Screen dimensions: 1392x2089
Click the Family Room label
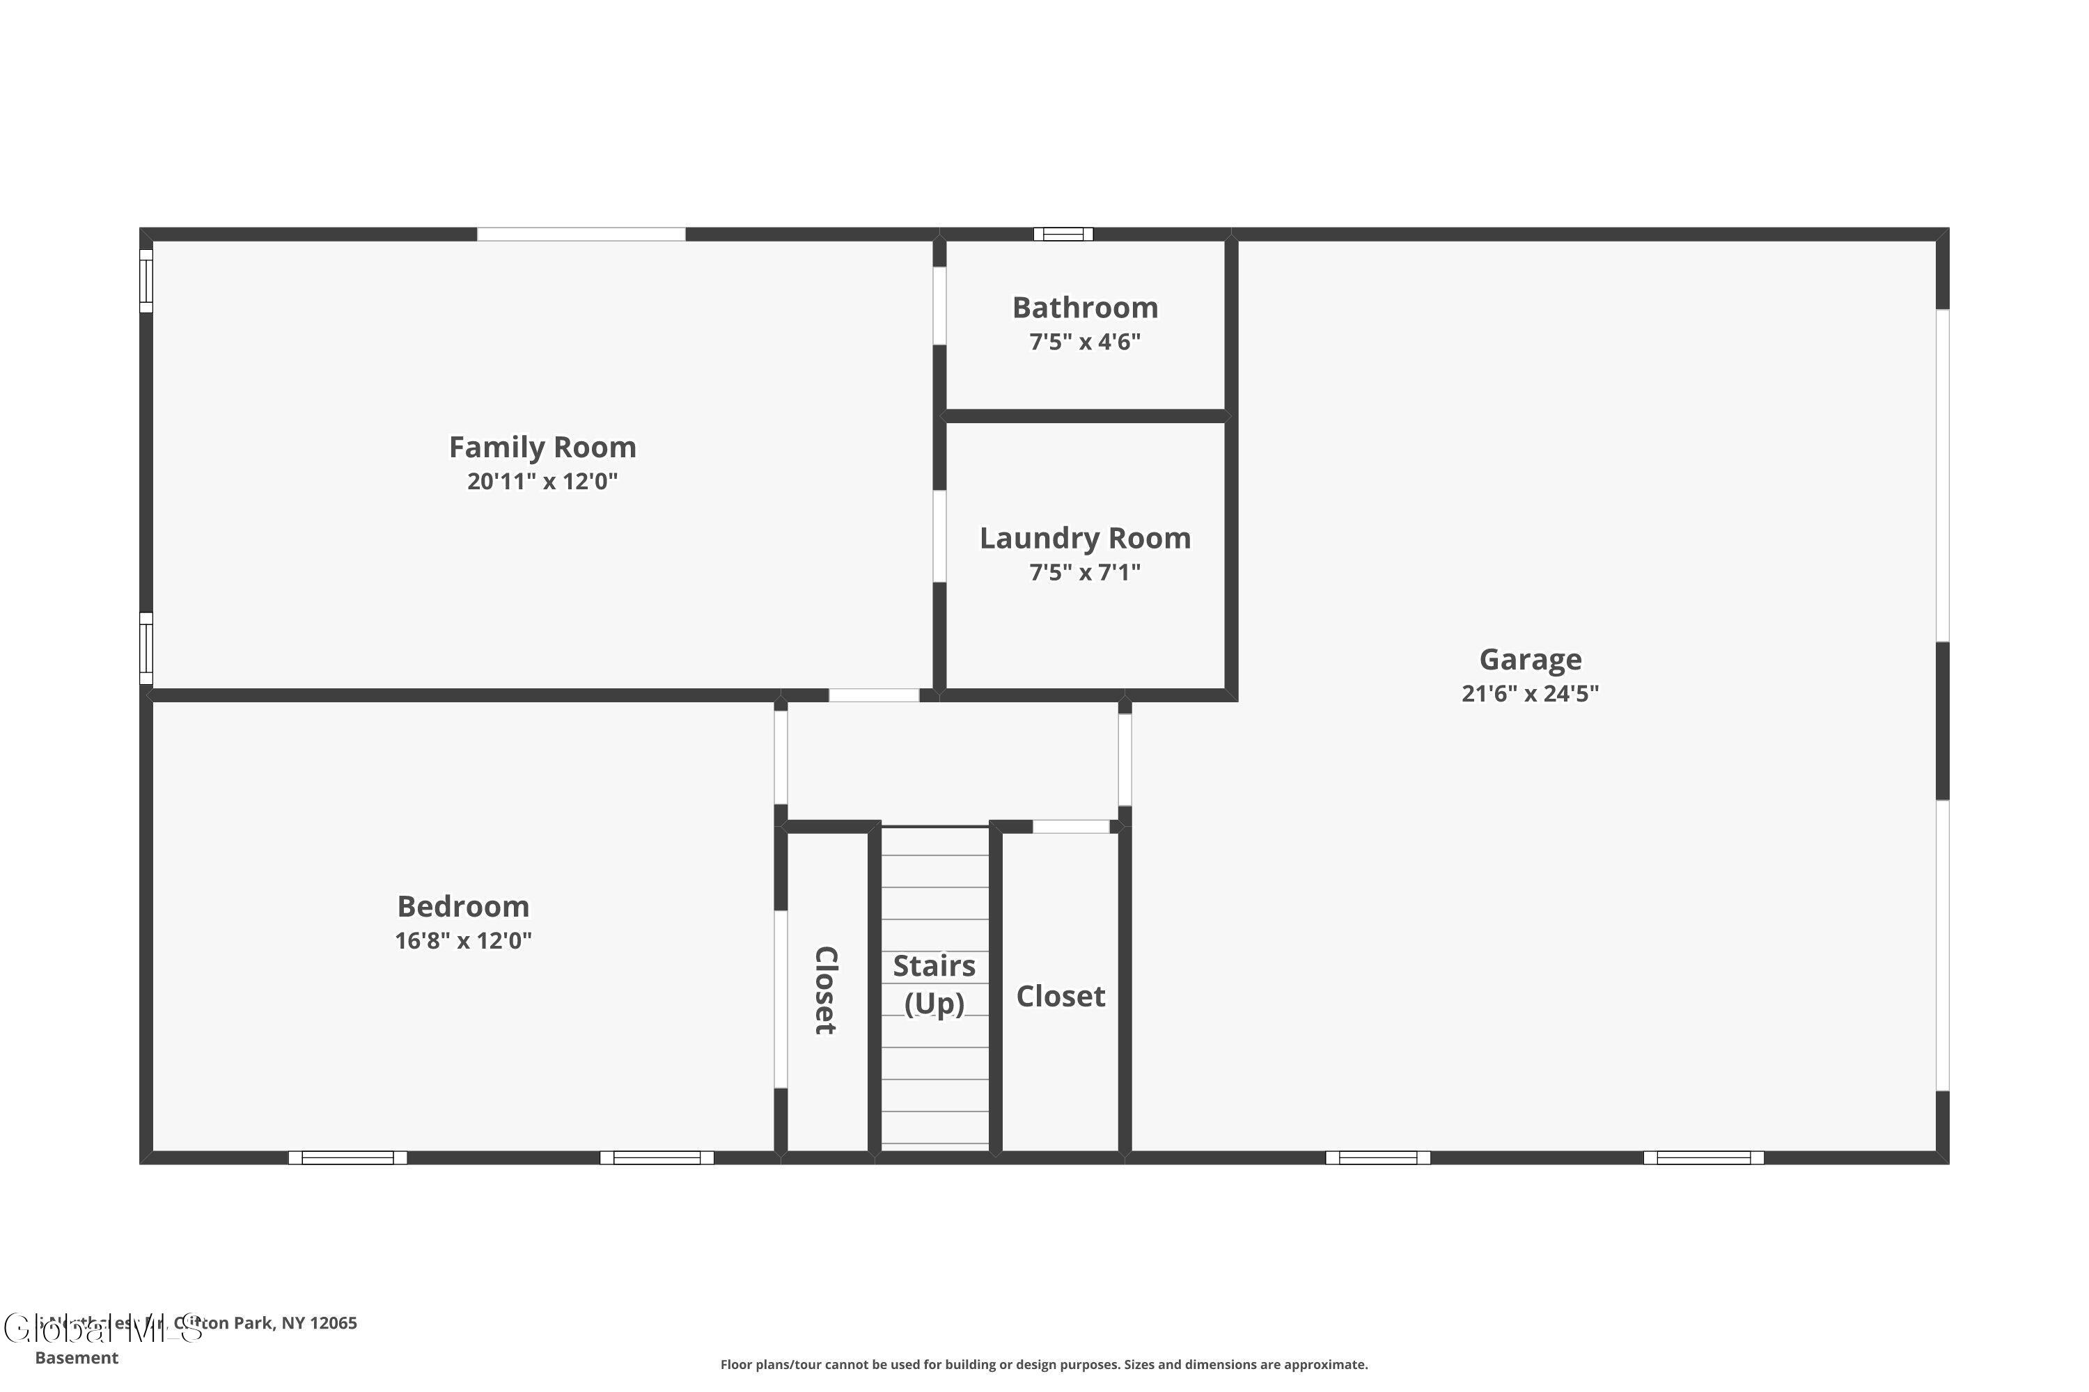(542, 447)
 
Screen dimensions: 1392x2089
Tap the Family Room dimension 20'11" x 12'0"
(542, 481)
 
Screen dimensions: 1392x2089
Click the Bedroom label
(463, 905)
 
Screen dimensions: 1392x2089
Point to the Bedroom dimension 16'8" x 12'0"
(463, 940)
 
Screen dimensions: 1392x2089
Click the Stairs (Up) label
(934, 983)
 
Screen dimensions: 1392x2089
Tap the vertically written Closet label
(826, 990)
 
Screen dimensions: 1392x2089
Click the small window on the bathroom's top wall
(1063, 235)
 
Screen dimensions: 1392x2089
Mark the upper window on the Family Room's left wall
(146, 280)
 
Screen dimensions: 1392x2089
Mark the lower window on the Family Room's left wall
(146, 648)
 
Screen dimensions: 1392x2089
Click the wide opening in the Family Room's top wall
(581, 235)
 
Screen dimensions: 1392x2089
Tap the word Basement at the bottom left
(77, 1357)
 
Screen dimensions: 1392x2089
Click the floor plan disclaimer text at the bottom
(1044, 1364)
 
